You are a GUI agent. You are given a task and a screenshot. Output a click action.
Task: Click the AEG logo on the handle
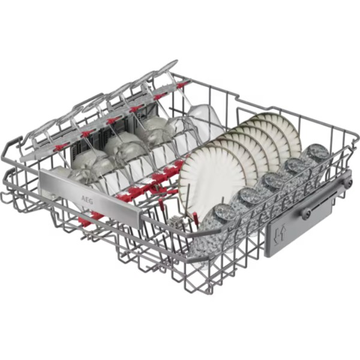pyautogui.click(x=87, y=199)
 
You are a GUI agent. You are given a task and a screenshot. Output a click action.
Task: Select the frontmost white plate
pyautogui.click(x=213, y=181)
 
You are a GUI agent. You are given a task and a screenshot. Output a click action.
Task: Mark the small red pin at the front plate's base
pyautogui.click(x=196, y=217)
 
